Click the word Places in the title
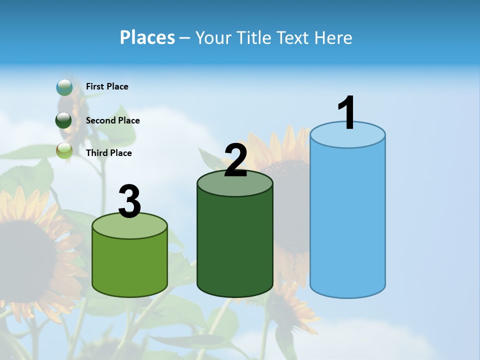(147, 37)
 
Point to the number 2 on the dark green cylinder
(235, 160)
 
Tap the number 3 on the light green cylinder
(129, 201)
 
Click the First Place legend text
(107, 86)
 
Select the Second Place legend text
(112, 120)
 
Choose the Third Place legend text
(108, 153)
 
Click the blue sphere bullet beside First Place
(64, 87)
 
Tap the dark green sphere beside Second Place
(63, 120)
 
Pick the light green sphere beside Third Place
(64, 150)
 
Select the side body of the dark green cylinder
(235, 245)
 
